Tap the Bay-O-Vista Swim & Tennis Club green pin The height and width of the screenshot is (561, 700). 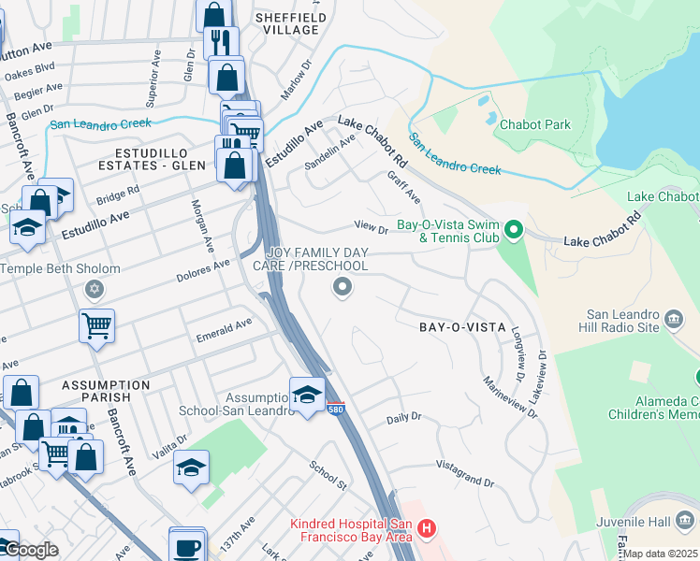click(512, 229)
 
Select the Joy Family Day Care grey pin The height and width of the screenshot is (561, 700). click(343, 288)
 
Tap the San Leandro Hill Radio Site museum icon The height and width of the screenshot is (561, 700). click(674, 322)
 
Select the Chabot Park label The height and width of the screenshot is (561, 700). click(534, 124)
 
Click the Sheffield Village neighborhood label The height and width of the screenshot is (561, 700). click(291, 23)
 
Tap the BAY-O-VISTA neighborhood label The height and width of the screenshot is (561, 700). click(462, 328)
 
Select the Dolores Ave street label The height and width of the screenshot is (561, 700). click(203, 270)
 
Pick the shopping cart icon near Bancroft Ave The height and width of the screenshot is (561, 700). click(96, 327)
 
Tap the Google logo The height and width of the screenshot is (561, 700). click(30, 551)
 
